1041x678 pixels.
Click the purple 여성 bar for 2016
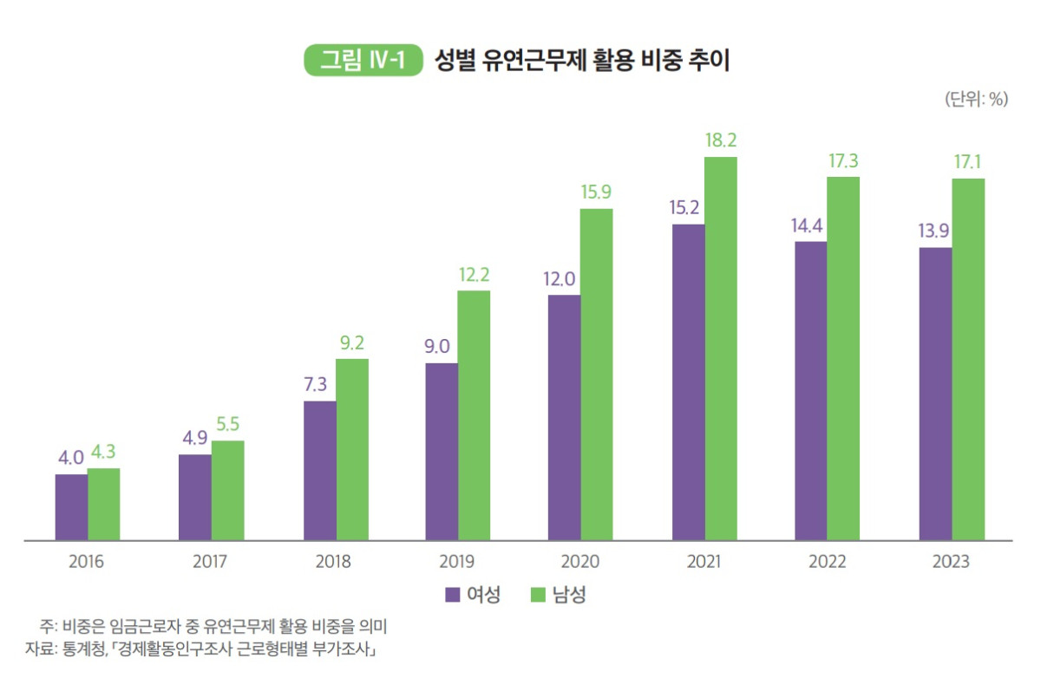tap(71, 507)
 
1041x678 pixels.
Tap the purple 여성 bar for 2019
tap(442, 452)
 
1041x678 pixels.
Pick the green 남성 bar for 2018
tap(351, 449)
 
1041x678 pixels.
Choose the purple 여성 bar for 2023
tap(935, 394)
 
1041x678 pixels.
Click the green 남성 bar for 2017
tap(227, 491)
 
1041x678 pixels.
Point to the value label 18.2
tap(721, 140)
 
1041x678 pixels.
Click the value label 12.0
tap(565, 279)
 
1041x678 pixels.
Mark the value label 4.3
tap(104, 453)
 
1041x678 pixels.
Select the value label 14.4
tap(811, 225)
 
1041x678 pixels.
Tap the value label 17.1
tap(969, 162)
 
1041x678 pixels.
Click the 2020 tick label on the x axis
tap(580, 562)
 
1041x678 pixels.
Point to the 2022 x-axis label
tap(827, 562)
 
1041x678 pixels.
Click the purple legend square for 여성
tap(452, 595)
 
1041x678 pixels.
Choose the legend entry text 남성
tap(570, 595)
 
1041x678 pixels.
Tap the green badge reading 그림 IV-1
tap(362, 62)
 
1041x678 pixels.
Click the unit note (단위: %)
tap(975, 100)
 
